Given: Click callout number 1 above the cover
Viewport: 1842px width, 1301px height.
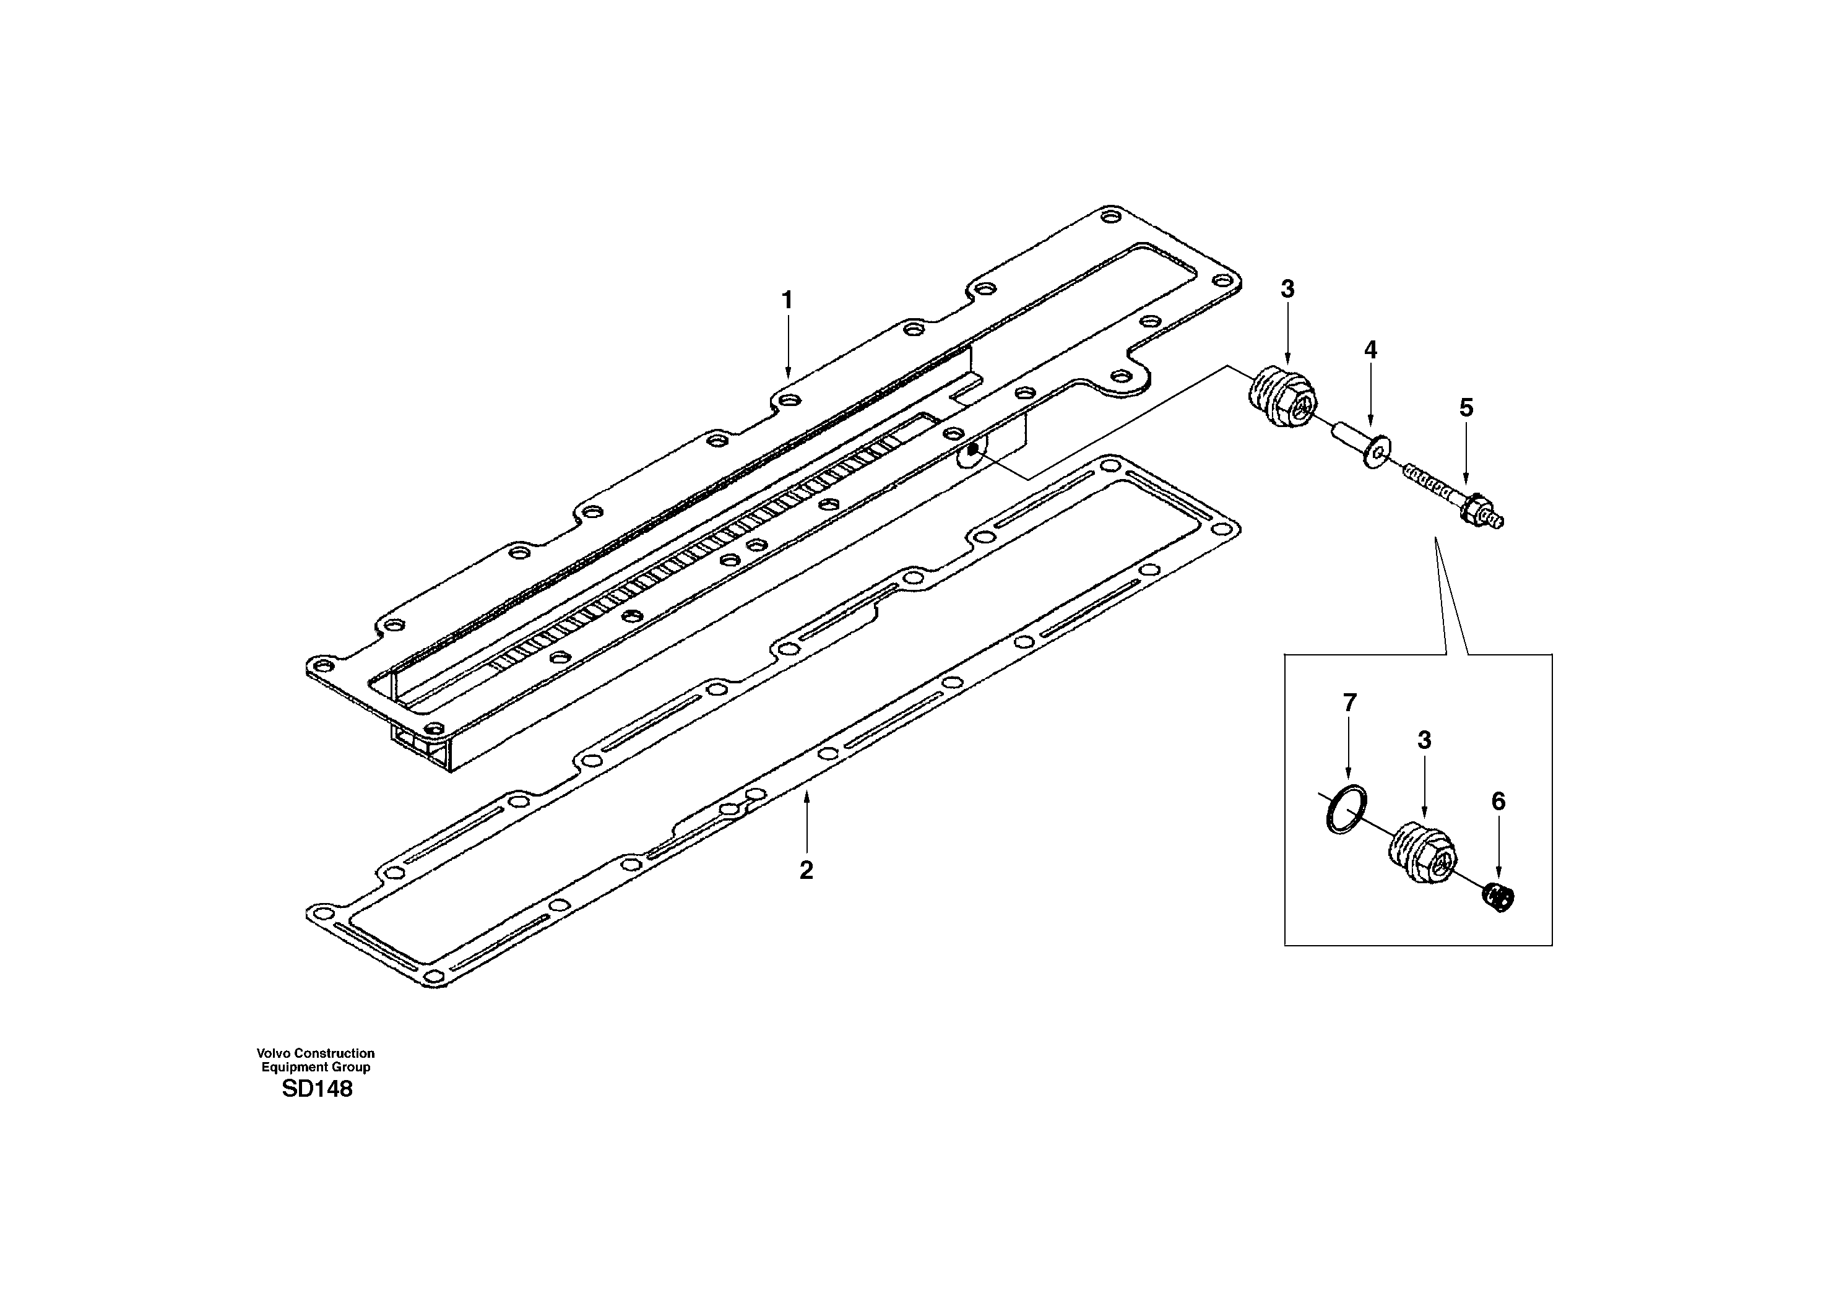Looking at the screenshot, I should point(787,300).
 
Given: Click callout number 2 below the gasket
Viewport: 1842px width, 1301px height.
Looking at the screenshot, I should point(806,870).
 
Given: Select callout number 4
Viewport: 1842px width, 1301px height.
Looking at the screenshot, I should point(1370,350).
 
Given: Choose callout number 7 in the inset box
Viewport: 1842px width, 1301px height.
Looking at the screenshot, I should point(1349,702).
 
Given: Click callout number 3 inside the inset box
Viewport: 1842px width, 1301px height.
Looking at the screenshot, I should point(1424,740).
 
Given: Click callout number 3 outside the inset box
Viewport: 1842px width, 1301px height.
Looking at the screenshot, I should point(1287,289).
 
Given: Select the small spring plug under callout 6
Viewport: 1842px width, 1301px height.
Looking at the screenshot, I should point(1498,897).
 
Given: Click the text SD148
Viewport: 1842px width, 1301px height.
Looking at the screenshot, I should point(317,1089).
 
